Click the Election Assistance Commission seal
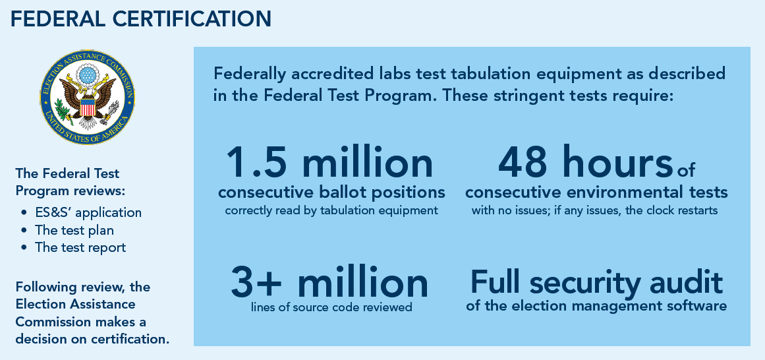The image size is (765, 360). click(x=88, y=97)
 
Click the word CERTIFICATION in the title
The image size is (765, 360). click(x=192, y=19)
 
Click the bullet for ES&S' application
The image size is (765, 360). click(x=24, y=213)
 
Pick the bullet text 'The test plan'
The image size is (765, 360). click(x=74, y=229)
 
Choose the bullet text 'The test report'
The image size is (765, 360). click(x=80, y=247)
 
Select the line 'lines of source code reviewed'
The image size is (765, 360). click(x=331, y=307)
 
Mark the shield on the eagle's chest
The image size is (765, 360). click(x=88, y=107)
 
